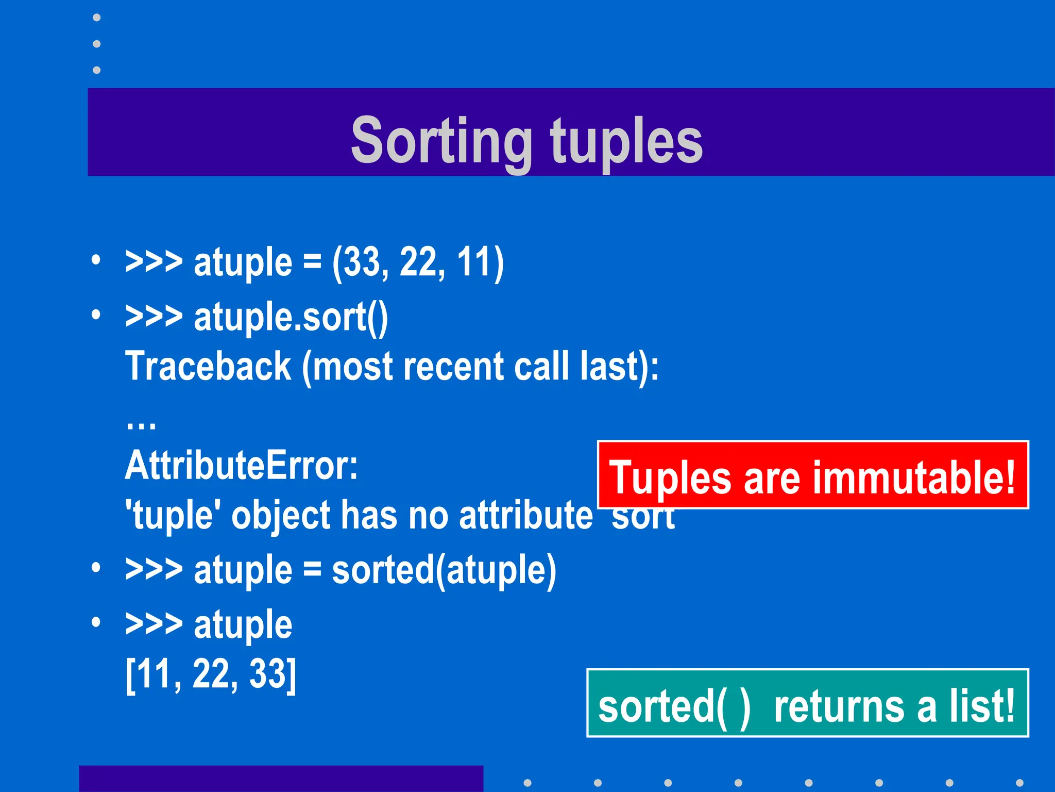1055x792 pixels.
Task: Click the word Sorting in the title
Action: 441,140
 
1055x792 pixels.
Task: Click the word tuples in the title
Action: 626,140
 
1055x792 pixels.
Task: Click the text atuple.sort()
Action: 291,317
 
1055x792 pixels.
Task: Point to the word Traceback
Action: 208,366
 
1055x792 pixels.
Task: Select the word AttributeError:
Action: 241,466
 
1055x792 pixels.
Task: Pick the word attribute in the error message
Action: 525,515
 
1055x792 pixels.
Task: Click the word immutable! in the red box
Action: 921,477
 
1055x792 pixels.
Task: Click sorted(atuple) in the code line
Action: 444,570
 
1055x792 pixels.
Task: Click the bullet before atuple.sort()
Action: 96,314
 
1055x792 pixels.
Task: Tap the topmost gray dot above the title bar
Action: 96,18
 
